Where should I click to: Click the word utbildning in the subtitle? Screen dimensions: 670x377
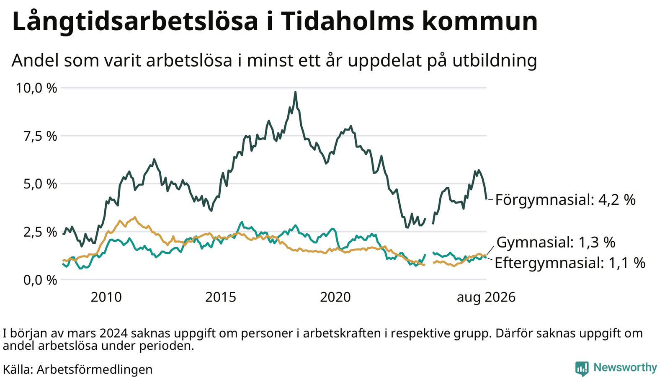(x=495, y=60)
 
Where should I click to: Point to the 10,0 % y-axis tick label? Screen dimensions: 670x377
(x=36, y=88)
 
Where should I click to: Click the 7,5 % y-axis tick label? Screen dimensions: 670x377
(x=40, y=136)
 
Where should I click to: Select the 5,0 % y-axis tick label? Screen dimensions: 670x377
(x=40, y=184)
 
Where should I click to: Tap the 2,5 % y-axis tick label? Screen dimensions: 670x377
(x=40, y=232)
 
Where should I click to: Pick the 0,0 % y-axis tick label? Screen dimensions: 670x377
(x=40, y=280)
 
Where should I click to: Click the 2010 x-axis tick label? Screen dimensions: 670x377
(x=106, y=297)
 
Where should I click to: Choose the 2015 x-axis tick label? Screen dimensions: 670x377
(x=221, y=297)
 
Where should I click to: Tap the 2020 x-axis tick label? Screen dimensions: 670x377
(x=335, y=297)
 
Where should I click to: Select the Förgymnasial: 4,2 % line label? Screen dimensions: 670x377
(x=565, y=200)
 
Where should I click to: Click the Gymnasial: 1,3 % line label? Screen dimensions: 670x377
(x=556, y=243)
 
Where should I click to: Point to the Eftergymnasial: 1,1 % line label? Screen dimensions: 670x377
(x=570, y=263)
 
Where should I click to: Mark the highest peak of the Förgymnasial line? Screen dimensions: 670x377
(x=296, y=92)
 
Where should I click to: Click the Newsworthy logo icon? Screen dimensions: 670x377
(x=582, y=368)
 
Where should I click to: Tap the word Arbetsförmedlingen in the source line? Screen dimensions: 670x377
(x=95, y=370)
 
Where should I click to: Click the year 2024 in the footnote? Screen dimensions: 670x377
(x=114, y=333)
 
